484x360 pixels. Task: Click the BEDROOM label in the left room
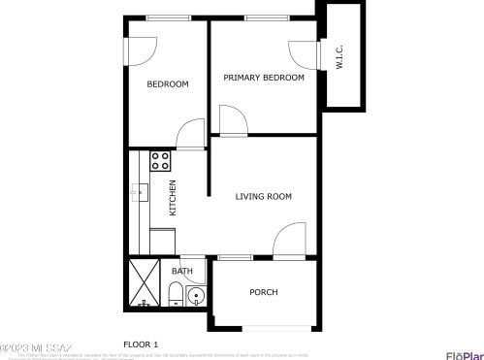168,84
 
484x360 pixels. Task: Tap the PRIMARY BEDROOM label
264,78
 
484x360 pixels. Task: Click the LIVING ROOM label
264,197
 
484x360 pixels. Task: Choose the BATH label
182,272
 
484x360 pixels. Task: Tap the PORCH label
264,292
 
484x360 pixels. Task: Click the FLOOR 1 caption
141,344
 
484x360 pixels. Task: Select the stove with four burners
160,161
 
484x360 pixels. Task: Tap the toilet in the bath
176,293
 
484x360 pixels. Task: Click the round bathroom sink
196,296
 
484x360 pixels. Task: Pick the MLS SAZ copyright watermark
36,346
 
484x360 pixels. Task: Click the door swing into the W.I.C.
301,54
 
